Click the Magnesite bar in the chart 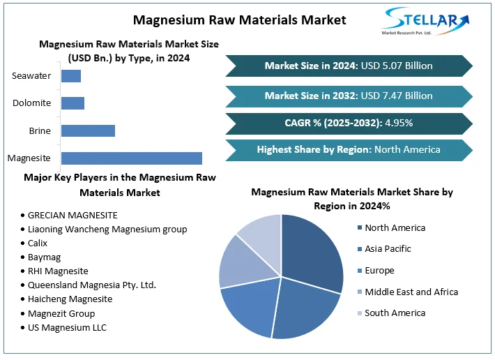(131, 158)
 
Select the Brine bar (88, 130)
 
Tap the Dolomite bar (73, 103)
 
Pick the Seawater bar (71, 76)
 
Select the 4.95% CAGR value (397, 123)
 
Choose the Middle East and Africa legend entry (411, 292)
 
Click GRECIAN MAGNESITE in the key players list (73, 215)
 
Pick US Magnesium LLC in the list (68, 327)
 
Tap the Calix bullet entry (39, 243)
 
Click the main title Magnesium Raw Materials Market (239, 19)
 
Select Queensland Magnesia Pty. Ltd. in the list (92, 285)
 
